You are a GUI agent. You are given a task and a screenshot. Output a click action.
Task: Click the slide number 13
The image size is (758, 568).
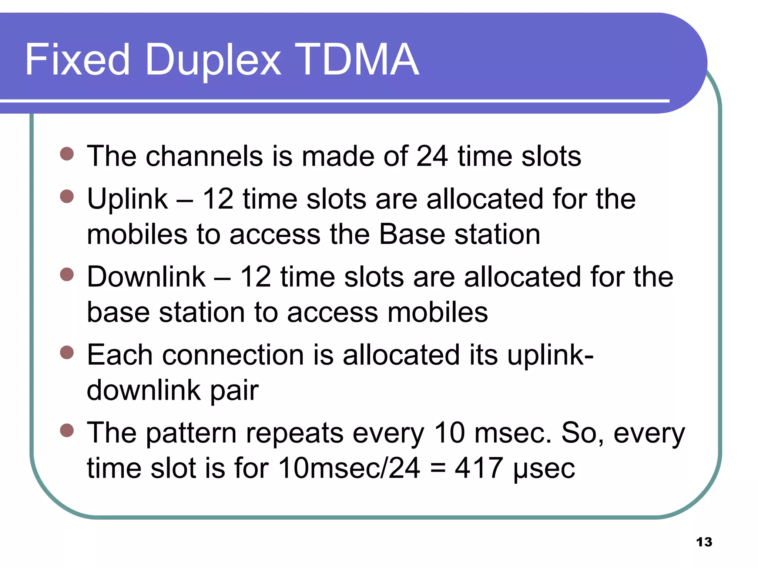[x=704, y=542]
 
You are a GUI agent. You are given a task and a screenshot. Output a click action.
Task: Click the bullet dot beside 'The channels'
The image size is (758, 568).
[x=67, y=153]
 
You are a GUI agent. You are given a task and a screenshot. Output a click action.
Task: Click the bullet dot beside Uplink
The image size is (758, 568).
[x=67, y=196]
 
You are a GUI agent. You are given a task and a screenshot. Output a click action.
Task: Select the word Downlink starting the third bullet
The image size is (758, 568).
[x=146, y=277]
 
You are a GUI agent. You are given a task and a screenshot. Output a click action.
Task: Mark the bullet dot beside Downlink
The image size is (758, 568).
[x=67, y=274]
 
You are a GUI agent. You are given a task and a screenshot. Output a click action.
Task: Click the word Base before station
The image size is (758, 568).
[x=412, y=234]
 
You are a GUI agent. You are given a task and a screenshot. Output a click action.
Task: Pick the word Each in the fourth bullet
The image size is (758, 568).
[x=120, y=355]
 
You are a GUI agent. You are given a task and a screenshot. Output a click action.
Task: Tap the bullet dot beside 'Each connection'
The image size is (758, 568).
[x=67, y=352]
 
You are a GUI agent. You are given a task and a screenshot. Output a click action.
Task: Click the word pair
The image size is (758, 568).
[x=235, y=391]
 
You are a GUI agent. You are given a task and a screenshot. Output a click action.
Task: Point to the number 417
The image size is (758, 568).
[x=479, y=468]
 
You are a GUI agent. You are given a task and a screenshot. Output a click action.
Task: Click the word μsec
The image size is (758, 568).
[x=544, y=469]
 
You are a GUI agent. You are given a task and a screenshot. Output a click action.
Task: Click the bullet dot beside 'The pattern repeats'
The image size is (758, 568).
[x=67, y=430]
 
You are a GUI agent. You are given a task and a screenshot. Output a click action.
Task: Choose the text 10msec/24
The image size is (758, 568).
[x=349, y=468]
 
